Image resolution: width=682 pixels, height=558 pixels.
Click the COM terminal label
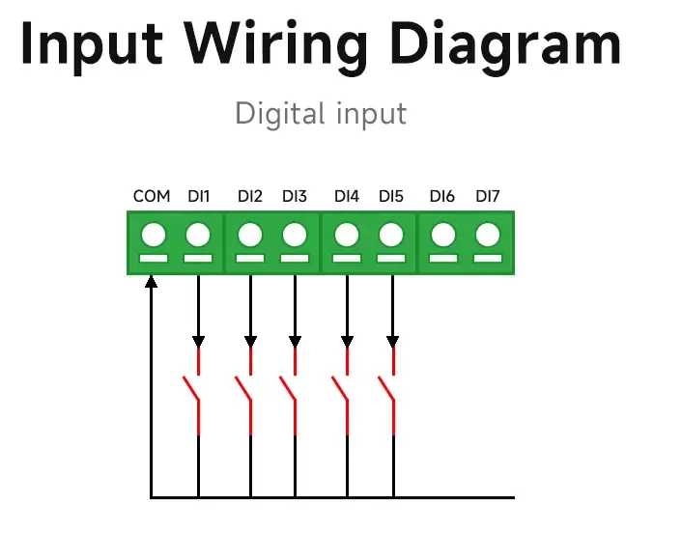pyautogui.click(x=152, y=196)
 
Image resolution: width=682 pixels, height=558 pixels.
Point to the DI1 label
pyautogui.click(x=199, y=196)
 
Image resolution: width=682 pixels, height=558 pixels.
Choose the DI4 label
pyautogui.click(x=347, y=196)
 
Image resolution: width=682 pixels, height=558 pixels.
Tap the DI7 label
pyautogui.click(x=488, y=196)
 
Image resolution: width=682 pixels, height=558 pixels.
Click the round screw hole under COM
pyautogui.click(x=154, y=235)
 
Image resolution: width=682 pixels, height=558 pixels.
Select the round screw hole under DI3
pyautogui.click(x=295, y=235)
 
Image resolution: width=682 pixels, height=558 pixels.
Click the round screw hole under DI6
pyautogui.click(x=443, y=235)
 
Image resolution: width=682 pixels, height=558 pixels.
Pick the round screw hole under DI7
pyautogui.click(x=488, y=235)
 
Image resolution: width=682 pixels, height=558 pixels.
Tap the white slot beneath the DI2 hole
pyautogui.click(x=250, y=259)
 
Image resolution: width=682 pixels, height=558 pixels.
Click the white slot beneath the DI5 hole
pyautogui.click(x=391, y=259)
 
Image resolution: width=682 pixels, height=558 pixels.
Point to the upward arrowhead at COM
pyautogui.click(x=151, y=281)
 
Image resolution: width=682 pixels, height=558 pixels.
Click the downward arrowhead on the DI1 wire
pyautogui.click(x=199, y=342)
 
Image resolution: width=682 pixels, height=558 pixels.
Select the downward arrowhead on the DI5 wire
pyautogui.click(x=393, y=342)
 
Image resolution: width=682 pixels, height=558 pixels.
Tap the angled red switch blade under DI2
pyautogui.click(x=243, y=388)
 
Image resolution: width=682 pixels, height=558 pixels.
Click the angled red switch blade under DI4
pyautogui.click(x=340, y=388)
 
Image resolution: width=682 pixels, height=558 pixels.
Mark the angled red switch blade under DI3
pyautogui.click(x=288, y=388)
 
